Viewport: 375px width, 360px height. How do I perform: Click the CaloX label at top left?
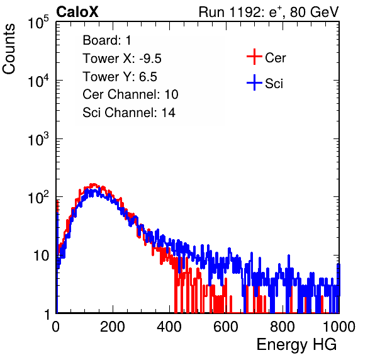(77, 12)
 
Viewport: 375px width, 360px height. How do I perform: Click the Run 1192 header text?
(269, 12)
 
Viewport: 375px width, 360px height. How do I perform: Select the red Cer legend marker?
(254, 57)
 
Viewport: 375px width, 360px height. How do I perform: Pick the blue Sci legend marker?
(254, 82)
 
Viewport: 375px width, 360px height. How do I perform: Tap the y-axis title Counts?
(9, 48)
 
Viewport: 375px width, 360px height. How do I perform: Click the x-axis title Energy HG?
(296, 345)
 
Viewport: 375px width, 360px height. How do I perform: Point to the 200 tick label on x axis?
(113, 327)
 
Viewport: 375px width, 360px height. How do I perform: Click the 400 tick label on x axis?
(169, 327)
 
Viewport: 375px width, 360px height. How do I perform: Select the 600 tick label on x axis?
(226, 327)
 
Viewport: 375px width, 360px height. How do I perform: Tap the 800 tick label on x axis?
(283, 327)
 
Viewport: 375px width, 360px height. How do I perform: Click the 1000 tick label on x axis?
(339, 327)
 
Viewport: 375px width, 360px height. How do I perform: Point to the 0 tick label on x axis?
(55, 327)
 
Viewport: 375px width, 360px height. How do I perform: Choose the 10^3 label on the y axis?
(38, 138)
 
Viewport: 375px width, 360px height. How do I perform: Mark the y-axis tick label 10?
(41, 256)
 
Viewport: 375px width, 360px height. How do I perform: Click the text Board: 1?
(107, 40)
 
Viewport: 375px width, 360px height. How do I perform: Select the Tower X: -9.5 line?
(122, 59)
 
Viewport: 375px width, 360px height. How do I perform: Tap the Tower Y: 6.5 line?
(120, 77)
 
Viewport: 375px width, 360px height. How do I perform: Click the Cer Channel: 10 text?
(130, 94)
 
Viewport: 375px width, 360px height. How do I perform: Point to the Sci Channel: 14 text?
(129, 113)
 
